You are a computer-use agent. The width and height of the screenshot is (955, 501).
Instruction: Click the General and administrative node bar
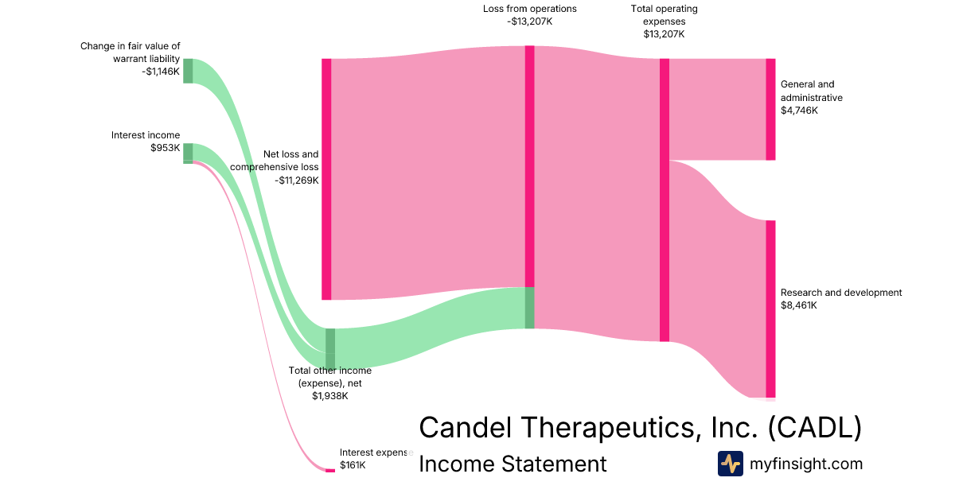[x=770, y=109]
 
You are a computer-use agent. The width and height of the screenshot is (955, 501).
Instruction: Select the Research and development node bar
[x=770, y=309]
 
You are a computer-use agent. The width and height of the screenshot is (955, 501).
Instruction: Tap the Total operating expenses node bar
[x=665, y=200]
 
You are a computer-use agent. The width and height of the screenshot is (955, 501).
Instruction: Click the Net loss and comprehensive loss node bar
[x=325, y=179]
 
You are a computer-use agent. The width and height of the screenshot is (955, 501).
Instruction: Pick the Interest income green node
[x=188, y=153]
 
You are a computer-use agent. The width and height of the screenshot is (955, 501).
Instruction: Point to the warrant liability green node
[x=188, y=70]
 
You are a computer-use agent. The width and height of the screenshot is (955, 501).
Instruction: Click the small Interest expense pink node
[x=329, y=470]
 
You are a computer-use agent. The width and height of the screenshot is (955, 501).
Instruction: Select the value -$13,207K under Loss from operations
[x=529, y=21]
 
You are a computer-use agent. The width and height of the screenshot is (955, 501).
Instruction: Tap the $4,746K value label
[x=799, y=111]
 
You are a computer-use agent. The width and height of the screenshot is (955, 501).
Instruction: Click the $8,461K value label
[x=799, y=305]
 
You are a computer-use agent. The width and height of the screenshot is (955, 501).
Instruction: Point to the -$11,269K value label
[x=297, y=181]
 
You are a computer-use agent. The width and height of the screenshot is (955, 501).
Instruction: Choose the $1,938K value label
[x=329, y=396]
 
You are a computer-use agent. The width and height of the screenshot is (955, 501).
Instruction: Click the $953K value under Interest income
[x=165, y=148]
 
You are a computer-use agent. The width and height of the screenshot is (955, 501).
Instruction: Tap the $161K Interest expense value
[x=353, y=465]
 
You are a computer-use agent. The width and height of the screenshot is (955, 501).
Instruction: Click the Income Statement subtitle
[x=513, y=464]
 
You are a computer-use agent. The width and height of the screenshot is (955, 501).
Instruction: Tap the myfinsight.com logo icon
[x=730, y=464]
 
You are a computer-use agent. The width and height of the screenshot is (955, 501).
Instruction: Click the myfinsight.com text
[x=806, y=464]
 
